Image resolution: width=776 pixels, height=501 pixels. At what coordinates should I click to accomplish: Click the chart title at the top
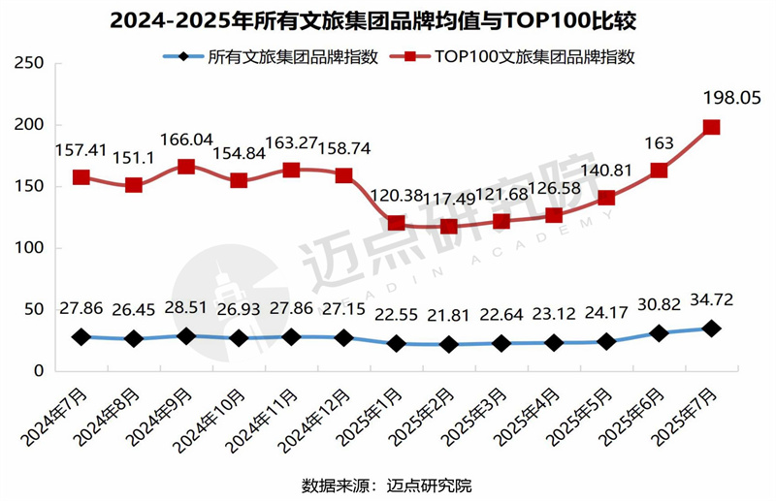[388, 19]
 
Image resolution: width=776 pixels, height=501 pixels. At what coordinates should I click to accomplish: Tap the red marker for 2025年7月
[711, 127]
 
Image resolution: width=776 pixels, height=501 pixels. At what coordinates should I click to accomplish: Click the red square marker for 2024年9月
[186, 167]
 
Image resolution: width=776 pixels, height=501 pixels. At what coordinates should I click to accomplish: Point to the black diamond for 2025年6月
[659, 333]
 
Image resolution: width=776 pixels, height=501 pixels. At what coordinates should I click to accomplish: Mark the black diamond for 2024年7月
[81, 337]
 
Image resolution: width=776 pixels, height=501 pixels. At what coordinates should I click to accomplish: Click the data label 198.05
[726, 98]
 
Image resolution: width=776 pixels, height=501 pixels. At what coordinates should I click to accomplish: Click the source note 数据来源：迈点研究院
[387, 484]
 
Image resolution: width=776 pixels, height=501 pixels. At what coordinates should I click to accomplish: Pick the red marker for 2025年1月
[396, 223]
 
